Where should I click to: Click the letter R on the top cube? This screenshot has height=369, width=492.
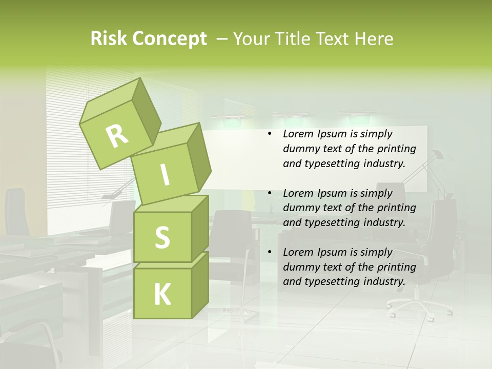click(x=117, y=136)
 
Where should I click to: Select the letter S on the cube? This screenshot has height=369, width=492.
click(x=162, y=237)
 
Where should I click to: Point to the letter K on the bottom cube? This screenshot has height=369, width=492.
click(x=162, y=295)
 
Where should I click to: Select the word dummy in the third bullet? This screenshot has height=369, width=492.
click(x=301, y=267)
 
